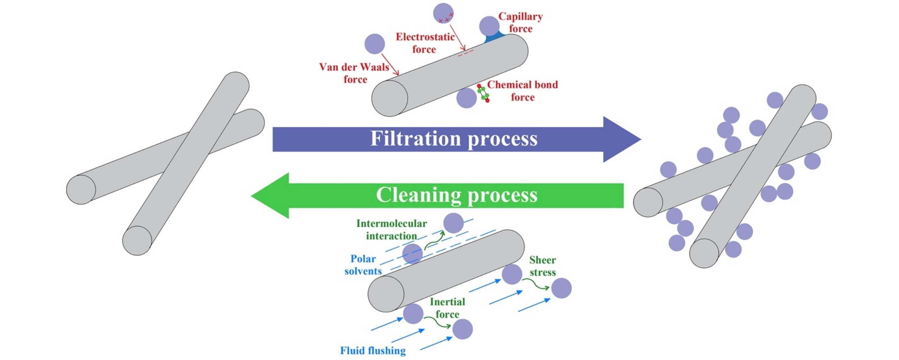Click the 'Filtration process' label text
(x=454, y=139)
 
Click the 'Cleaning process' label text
(x=457, y=195)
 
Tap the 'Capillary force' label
(x=520, y=22)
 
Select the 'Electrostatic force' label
(x=425, y=43)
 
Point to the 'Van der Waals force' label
(x=354, y=73)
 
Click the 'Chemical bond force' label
(x=522, y=91)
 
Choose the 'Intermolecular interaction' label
(x=392, y=230)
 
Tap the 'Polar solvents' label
(x=363, y=265)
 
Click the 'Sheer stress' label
(x=542, y=266)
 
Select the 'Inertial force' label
(x=447, y=308)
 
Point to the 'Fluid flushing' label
(x=373, y=351)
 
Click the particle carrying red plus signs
(x=443, y=13)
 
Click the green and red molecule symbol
(x=483, y=93)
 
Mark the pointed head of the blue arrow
(x=641, y=139)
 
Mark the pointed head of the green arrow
(x=251, y=196)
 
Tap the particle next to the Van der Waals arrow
(x=375, y=44)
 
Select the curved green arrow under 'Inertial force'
(x=438, y=322)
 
